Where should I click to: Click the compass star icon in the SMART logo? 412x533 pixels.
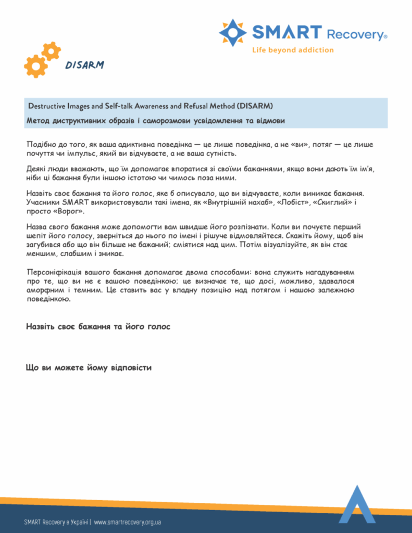233,32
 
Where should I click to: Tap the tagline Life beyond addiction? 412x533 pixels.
293,50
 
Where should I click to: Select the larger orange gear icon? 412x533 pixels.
35,66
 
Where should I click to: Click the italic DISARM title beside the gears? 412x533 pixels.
84,65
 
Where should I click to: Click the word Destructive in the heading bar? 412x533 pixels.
45,106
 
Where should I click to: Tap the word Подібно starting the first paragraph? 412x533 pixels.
41,145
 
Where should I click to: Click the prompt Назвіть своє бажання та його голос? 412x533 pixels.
98,327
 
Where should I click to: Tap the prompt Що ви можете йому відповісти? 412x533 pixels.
89,368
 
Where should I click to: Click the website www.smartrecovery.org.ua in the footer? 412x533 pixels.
127,522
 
